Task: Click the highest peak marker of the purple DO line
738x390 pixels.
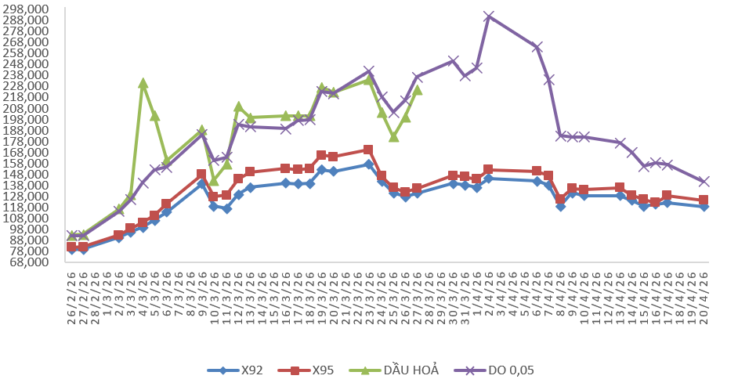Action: point(489,16)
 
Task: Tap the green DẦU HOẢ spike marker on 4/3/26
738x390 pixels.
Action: point(143,83)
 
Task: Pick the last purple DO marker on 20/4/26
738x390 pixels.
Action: point(704,182)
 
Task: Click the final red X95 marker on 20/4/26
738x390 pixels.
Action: point(704,200)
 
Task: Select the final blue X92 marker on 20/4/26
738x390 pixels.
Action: point(704,207)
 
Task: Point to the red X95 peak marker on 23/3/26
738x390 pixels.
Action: point(369,150)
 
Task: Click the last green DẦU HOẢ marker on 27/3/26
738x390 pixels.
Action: point(417,90)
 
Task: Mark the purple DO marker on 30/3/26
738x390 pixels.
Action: point(453,61)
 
